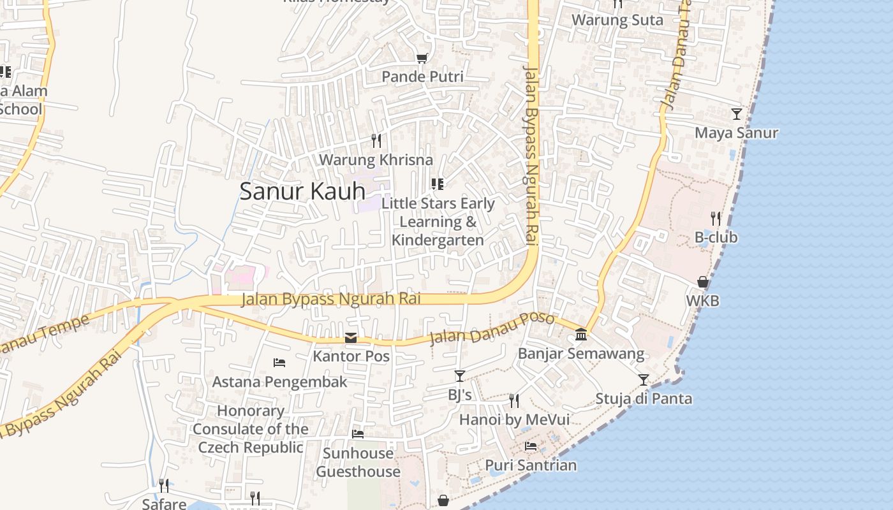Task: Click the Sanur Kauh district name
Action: pos(302,191)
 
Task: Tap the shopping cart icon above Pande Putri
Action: pos(422,59)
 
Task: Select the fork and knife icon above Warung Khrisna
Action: pos(376,140)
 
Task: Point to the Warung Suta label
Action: pos(617,20)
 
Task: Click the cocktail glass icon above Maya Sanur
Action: pos(737,114)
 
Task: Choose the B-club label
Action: pos(716,237)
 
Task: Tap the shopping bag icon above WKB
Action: pos(703,282)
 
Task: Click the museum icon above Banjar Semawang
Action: pos(581,334)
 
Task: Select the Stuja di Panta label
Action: pos(643,398)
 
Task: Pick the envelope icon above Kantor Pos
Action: pos(351,338)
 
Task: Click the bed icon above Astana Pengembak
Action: pos(279,363)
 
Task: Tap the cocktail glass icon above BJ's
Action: pos(459,376)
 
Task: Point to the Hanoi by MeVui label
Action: pos(514,419)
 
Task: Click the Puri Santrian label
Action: pos(531,465)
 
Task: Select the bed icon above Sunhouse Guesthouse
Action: pos(358,434)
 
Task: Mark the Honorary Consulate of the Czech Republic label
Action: pos(250,429)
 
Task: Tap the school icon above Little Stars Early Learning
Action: pos(437,184)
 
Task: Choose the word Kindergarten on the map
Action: pos(438,240)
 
